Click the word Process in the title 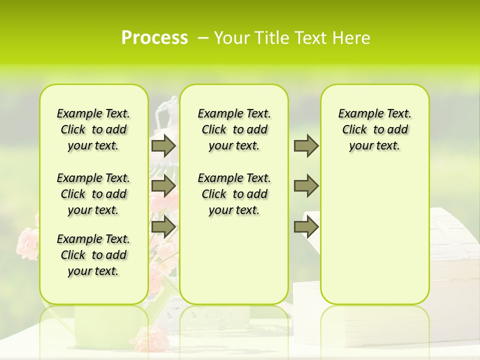154,38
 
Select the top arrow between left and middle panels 163,145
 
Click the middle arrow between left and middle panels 163,186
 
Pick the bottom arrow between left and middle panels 163,227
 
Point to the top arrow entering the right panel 305,145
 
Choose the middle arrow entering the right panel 305,186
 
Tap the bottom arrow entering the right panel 305,227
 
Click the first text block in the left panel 93,129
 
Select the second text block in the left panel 93,194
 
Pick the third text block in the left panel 93,255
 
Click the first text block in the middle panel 234,129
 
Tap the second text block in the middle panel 234,194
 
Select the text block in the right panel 374,129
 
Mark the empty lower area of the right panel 374,240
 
